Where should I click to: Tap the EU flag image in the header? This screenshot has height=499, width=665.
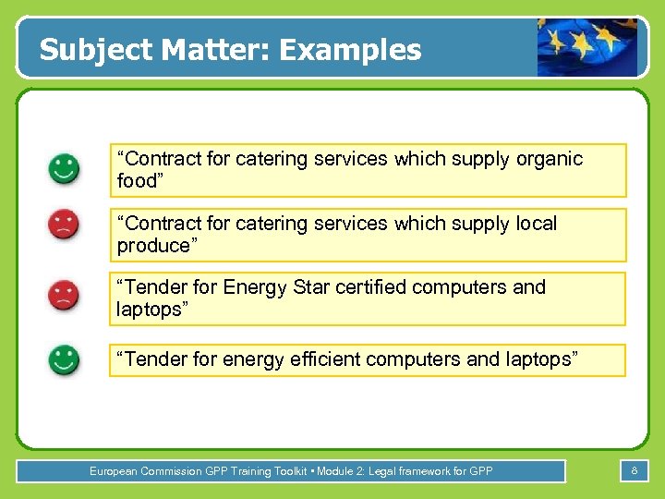point(587,48)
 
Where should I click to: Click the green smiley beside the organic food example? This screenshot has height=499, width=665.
point(64,169)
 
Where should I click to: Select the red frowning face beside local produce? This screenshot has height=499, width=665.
point(64,225)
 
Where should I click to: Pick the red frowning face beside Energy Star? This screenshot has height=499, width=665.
point(64,295)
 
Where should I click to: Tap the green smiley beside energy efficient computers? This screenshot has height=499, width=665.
point(64,359)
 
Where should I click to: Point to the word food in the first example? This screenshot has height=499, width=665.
point(139,181)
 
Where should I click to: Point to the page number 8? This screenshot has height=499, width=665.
point(635,471)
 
